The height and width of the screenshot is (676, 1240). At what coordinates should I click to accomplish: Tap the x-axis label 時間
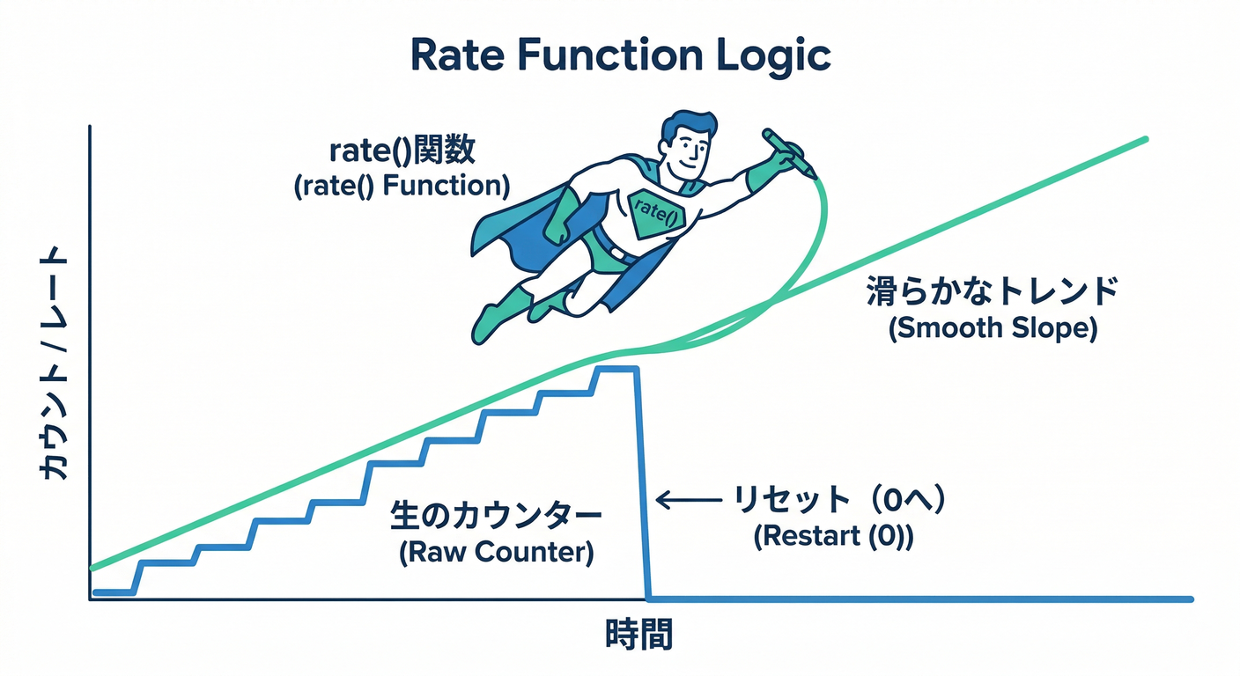click(638, 635)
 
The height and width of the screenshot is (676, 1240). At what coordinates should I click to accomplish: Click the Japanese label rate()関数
click(402, 151)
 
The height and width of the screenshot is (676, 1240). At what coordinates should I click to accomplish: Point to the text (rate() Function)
click(402, 186)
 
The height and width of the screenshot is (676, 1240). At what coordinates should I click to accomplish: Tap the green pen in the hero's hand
click(789, 152)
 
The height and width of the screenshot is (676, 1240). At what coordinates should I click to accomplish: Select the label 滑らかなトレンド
click(992, 291)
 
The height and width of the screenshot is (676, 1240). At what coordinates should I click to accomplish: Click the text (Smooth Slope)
click(993, 328)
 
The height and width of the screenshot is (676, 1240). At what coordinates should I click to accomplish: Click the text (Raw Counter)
click(496, 553)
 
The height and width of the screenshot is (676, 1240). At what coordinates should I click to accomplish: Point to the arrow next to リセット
click(689, 501)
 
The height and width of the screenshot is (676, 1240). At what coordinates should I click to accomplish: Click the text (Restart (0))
click(833, 537)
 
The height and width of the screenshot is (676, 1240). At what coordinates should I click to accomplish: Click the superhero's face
click(686, 151)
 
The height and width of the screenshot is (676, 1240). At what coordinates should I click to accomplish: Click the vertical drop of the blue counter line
click(642, 484)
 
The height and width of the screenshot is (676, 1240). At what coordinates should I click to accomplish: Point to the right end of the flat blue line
click(1189, 599)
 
